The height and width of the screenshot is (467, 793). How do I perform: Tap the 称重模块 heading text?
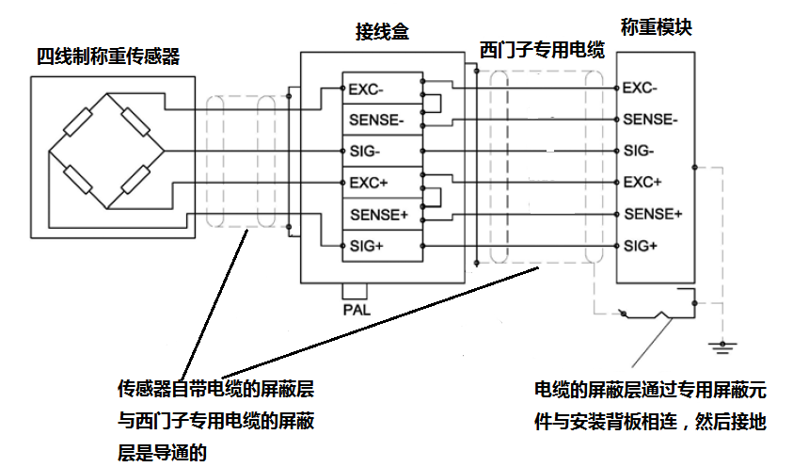tap(656, 27)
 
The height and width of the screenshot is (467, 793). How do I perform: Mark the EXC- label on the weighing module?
tap(641, 89)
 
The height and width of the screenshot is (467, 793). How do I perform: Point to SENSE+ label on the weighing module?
tap(652, 214)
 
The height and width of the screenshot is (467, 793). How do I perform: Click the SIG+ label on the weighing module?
tap(641, 246)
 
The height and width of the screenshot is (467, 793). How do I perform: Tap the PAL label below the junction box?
tap(356, 308)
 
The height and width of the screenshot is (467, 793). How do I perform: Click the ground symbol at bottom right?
tap(722, 345)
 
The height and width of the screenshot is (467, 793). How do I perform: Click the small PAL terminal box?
tap(355, 290)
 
